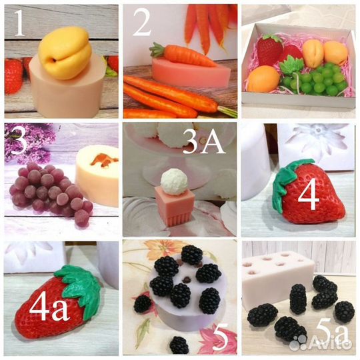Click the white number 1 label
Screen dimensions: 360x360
[20, 23]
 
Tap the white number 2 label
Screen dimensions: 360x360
[142, 23]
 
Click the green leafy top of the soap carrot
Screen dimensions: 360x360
[157, 50]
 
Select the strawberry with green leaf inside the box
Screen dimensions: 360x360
[270, 49]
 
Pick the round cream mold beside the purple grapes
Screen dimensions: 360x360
[97, 175]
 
